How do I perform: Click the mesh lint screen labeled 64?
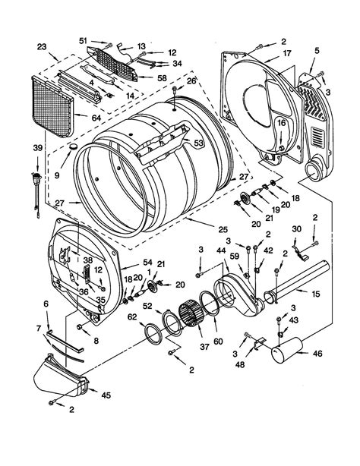click(52, 105)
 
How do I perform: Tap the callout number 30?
click(298, 229)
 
